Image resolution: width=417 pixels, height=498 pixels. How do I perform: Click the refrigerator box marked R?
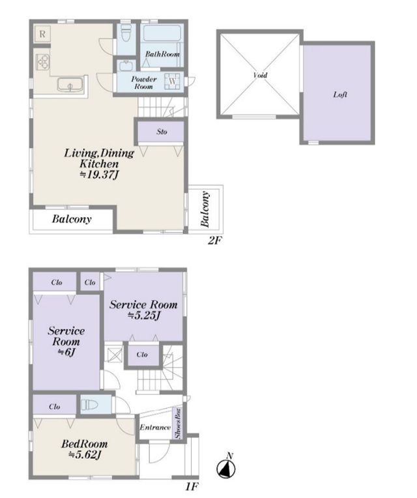pos(42,34)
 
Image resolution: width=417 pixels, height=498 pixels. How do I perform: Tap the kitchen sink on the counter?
pos(70,85)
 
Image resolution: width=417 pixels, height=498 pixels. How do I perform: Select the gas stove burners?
pos(43,62)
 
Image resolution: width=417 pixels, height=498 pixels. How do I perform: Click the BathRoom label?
pos(162,54)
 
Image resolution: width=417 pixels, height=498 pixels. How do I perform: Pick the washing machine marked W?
pos(172,81)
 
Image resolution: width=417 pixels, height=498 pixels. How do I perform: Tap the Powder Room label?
pos(144,83)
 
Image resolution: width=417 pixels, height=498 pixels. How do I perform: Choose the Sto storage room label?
pos(162,132)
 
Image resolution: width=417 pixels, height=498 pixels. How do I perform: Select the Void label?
pos(260,75)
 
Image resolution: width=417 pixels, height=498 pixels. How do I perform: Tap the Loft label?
pos(340,95)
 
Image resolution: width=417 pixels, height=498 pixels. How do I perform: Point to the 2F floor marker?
pos(214,241)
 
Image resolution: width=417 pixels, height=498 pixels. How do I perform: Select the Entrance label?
pos(155,428)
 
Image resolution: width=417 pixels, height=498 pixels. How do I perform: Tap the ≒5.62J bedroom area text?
pos(85,455)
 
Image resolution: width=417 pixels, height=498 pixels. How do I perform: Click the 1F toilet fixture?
pos(89,405)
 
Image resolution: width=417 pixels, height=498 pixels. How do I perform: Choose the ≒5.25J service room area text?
pos(143,315)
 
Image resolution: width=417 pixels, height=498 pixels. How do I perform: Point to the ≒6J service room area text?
pos(66,352)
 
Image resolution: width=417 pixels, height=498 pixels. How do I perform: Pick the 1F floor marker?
pos(192,486)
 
